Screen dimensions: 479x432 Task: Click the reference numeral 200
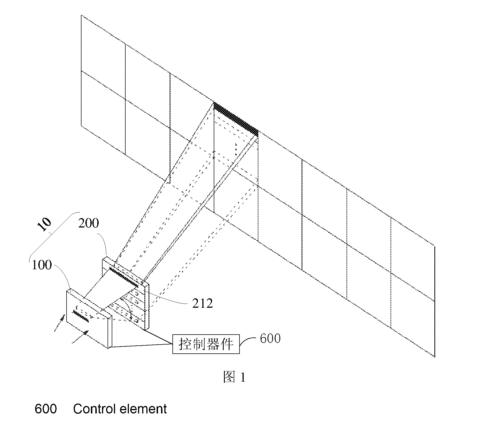(88, 223)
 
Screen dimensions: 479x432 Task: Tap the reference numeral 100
(42, 265)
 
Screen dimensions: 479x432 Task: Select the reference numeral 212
(203, 304)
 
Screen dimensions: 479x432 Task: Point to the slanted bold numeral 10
(45, 224)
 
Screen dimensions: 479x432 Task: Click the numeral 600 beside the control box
(270, 338)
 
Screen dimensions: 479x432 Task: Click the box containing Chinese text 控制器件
(206, 344)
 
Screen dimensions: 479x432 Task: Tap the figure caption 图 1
(234, 377)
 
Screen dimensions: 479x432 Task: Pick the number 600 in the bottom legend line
(46, 409)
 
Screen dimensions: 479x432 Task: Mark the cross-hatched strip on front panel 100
(81, 316)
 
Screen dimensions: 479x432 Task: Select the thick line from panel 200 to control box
(158, 337)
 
